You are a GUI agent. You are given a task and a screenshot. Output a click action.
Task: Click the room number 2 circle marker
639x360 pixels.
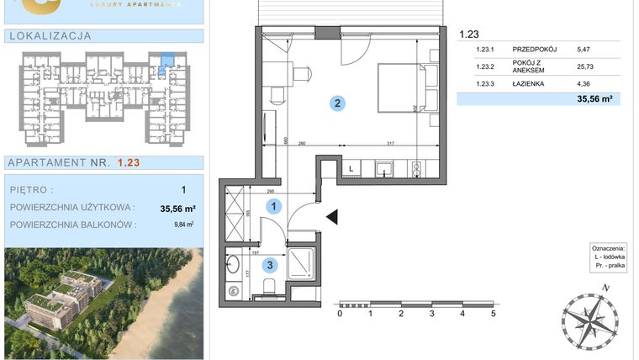coord(336,104)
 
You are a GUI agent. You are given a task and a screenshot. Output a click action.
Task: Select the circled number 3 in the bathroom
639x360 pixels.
coord(268,264)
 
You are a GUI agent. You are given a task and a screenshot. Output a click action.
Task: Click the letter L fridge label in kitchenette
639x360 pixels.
coord(351,168)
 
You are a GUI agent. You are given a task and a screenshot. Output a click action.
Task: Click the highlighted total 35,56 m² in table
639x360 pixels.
coord(594,98)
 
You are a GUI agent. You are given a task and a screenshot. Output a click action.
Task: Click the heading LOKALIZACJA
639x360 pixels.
coord(49,36)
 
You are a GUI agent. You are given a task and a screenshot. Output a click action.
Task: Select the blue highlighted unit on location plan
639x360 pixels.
coord(166,61)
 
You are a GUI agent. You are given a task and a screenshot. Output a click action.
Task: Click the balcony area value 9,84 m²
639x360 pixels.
coord(184,225)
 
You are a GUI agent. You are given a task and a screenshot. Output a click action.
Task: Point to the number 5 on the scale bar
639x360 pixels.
coord(494,314)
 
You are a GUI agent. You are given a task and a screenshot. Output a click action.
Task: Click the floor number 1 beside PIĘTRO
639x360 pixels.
coord(183,190)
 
